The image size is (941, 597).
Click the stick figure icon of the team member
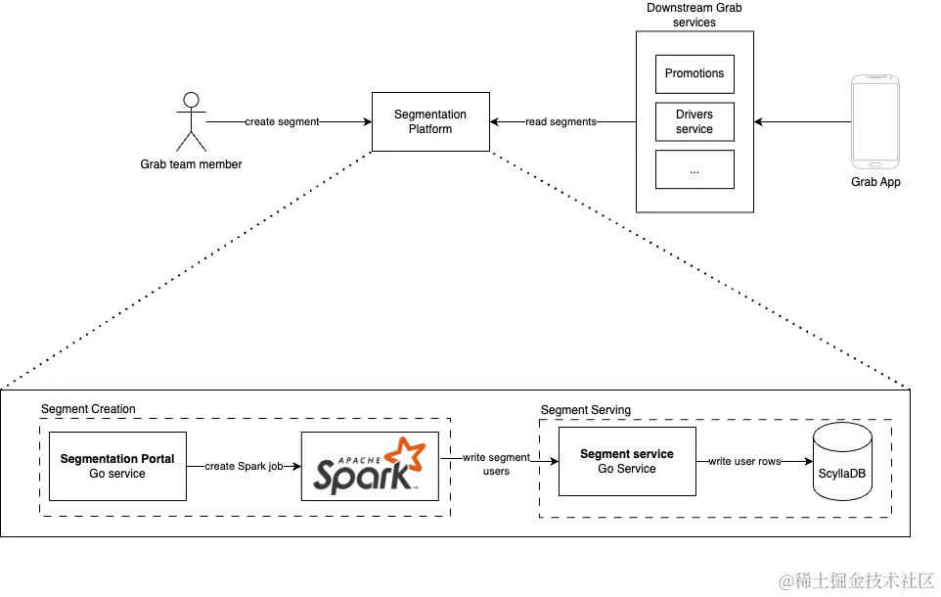[192, 121]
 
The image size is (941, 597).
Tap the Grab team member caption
[192, 164]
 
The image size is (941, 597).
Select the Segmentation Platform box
[430, 121]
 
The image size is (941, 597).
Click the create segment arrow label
[282, 121]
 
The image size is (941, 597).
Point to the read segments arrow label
[560, 121]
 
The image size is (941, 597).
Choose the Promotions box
[695, 73]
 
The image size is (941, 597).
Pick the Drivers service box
[695, 121]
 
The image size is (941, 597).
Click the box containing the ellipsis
[695, 169]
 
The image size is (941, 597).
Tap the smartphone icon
[875, 121]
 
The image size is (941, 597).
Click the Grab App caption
[875, 182]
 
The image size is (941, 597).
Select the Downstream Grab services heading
[695, 15]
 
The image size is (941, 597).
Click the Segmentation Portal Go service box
[117, 466]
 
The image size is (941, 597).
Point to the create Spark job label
[244, 466]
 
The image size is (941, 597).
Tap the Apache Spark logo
[370, 466]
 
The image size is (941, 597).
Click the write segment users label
[496, 464]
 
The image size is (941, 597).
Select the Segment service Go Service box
[627, 461]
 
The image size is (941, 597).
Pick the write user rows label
[745, 461]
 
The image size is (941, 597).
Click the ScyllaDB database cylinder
[842, 461]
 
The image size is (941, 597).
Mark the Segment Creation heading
[88, 408]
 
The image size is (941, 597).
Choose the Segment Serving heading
[586, 409]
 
